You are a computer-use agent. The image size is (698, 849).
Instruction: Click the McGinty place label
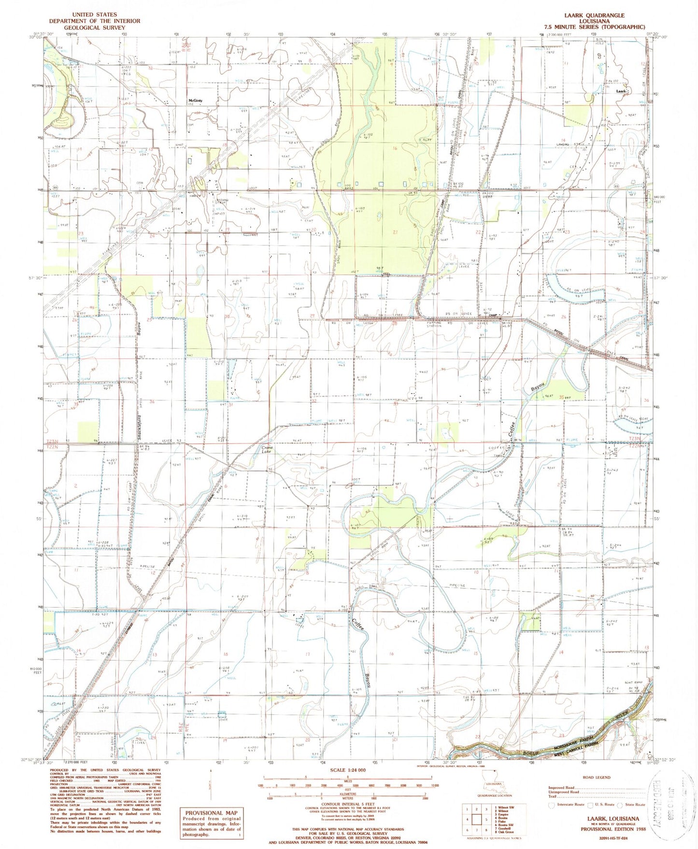[x=195, y=100]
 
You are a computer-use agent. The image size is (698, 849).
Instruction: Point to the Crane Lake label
[x=267, y=450]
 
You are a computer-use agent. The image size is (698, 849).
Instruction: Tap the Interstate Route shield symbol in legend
[x=552, y=805]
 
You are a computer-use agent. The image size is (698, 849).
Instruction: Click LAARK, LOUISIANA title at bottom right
[x=613, y=819]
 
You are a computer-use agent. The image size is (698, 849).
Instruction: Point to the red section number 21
[x=395, y=232]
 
